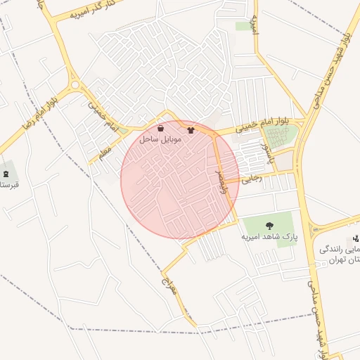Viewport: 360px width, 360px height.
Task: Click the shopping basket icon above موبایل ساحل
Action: pos(161,129)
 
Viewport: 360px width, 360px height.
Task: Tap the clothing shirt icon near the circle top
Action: pos(190,130)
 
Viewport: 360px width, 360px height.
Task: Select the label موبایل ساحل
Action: pos(160,140)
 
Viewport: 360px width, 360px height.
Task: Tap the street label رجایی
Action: pos(252,179)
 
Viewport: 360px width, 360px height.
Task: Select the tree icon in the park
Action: pos(269,226)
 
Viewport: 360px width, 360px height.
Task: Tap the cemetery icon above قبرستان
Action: pos(6,174)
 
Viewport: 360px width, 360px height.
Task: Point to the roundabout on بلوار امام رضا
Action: pos(75,86)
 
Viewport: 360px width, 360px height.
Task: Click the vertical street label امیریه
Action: pos(265,27)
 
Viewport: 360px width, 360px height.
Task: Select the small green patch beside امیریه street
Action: pos(244,26)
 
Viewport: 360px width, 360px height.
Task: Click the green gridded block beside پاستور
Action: pos(279,138)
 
